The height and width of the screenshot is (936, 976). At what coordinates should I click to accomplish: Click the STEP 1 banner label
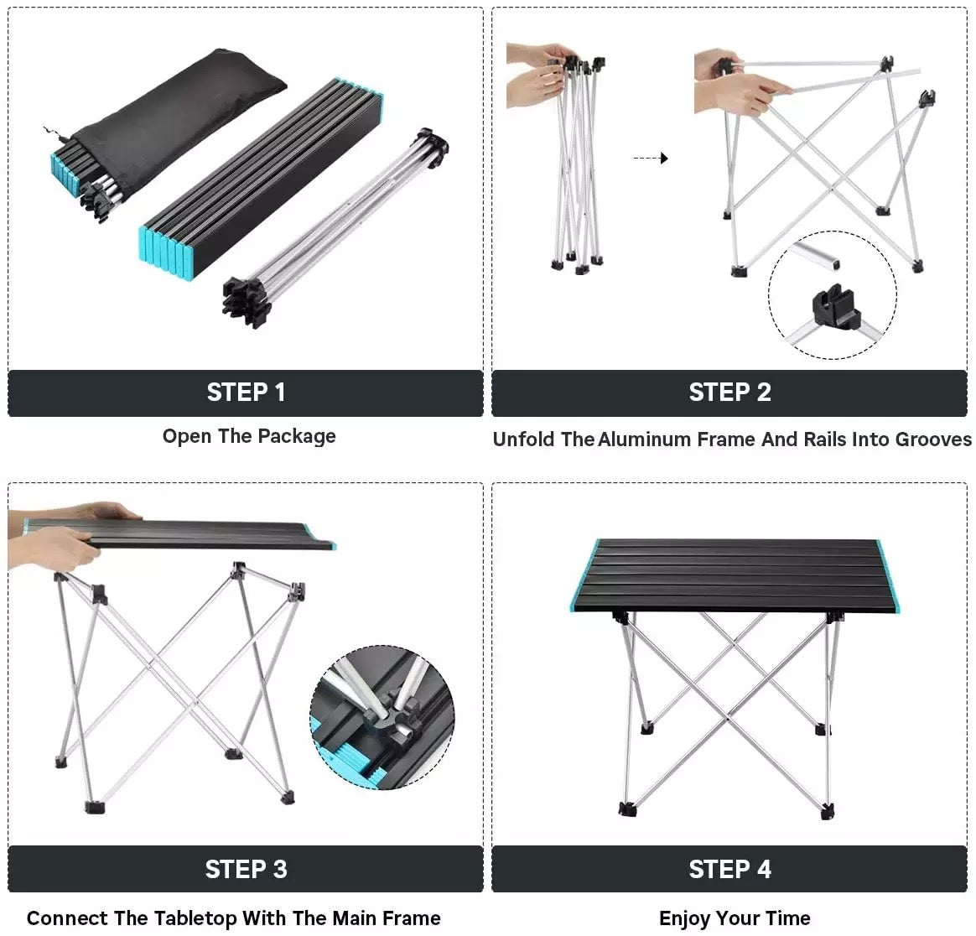click(246, 393)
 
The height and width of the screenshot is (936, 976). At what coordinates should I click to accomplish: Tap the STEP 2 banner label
click(729, 393)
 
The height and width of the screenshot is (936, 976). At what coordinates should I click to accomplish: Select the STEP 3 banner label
click(246, 870)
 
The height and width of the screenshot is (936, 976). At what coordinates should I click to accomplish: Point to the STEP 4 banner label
click(729, 870)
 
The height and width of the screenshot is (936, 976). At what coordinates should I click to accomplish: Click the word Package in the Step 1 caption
click(297, 437)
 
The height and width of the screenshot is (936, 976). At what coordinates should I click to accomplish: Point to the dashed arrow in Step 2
click(650, 158)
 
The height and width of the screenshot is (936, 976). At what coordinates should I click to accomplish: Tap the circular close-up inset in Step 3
click(382, 717)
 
